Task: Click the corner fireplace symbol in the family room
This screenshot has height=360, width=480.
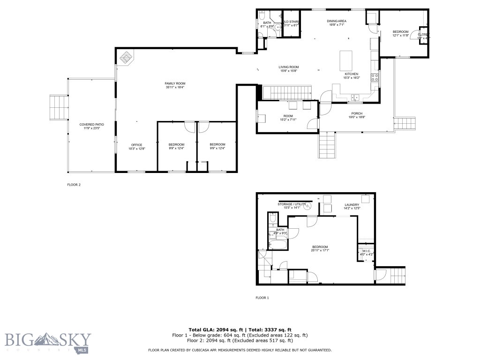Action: tap(126, 58)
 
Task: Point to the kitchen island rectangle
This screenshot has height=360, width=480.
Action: tap(346, 60)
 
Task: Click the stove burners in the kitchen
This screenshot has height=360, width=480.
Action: tap(375, 78)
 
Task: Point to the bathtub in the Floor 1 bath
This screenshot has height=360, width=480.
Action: tap(277, 245)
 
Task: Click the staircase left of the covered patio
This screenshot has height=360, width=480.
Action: tap(59, 107)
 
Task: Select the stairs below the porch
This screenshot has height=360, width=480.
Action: tap(328, 145)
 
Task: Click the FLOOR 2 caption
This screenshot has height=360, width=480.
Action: tap(74, 185)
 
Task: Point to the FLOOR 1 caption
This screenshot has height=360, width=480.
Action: tap(262, 298)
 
